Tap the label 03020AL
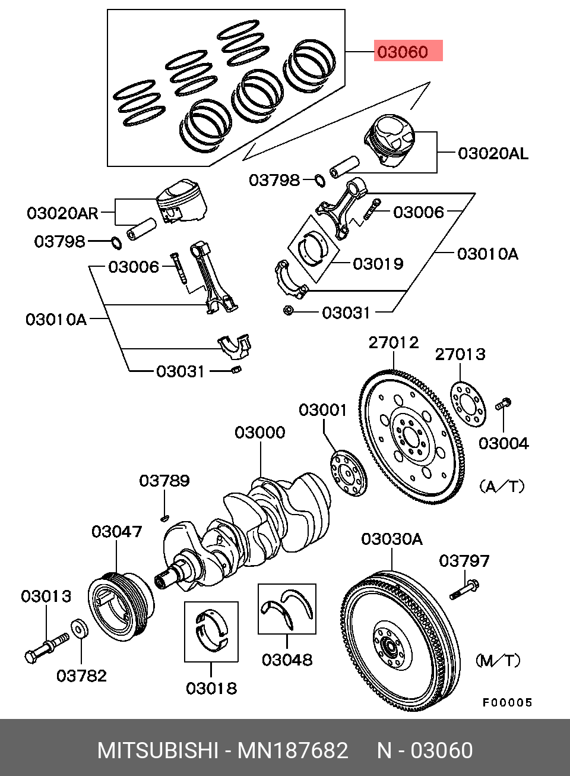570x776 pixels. [492, 153]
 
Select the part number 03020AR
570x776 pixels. [62, 213]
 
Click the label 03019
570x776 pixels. [378, 263]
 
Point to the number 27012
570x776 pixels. [393, 342]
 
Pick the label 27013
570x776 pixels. [460, 354]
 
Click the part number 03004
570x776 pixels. [503, 443]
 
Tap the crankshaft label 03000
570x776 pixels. [259, 432]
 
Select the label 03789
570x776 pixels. [164, 480]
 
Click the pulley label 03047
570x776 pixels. [116, 531]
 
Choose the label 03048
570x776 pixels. [287, 660]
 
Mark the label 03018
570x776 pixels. [211, 688]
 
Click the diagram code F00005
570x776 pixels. [507, 702]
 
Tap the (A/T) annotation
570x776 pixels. [502, 487]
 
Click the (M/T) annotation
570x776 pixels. [498, 660]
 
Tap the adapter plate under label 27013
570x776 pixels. [467, 403]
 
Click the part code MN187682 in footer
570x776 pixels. [293, 750]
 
